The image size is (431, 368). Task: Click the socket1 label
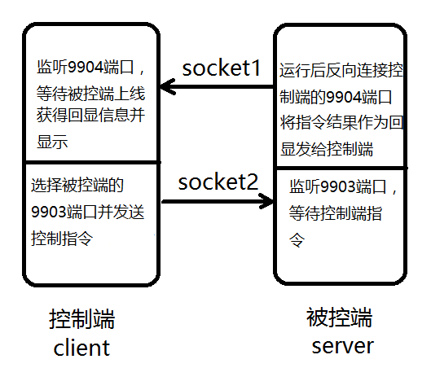point(221,68)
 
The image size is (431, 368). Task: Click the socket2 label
point(218,180)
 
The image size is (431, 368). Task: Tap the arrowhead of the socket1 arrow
point(166,86)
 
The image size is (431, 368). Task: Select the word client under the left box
point(81,348)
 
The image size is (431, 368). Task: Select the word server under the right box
point(342,345)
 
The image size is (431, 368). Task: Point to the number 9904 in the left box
point(82,67)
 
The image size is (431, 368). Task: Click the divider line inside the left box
point(90,162)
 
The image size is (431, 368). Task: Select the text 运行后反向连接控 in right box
point(341,71)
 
